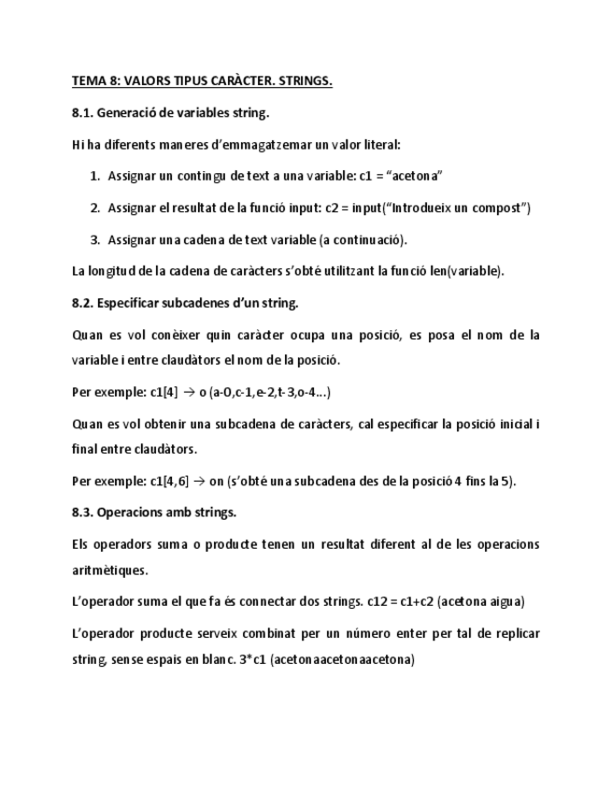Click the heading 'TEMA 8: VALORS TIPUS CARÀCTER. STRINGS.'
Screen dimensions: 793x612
202,81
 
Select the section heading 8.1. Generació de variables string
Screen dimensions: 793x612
170,113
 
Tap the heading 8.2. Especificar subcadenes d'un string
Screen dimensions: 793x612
185,303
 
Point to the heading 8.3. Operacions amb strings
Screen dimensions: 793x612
154,512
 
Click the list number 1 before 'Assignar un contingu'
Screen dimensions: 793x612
95,176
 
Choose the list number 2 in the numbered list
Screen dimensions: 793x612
95,208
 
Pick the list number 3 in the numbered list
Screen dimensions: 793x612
95,239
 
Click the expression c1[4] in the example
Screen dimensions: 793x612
164,392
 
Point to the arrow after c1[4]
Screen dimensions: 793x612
187,392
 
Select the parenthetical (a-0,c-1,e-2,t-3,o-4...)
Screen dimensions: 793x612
270,392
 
